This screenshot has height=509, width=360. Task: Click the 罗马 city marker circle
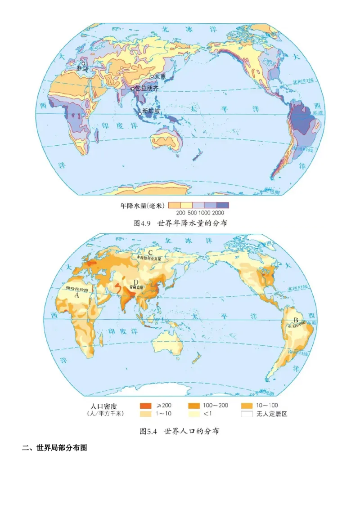83,64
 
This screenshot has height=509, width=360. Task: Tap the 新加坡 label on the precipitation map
151,111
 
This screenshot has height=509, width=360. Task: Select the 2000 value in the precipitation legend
218,212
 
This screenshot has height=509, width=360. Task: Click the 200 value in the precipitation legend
181,212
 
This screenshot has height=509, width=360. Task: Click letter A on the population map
76,296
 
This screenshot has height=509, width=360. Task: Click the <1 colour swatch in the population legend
194,414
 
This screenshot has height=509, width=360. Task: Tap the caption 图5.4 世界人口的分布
180,431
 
